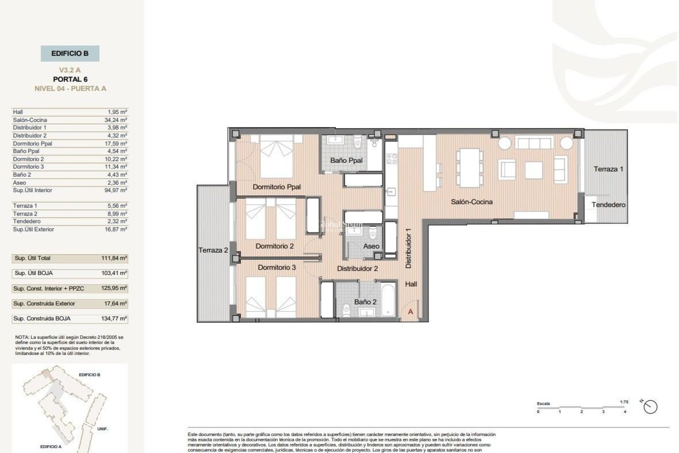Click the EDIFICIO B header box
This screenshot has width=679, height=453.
click(x=70, y=53)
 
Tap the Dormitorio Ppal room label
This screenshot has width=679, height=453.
click(x=277, y=187)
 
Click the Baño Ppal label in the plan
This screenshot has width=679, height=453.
click(x=346, y=160)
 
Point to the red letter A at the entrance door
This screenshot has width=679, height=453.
click(x=411, y=312)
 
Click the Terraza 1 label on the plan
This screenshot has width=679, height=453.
click(x=608, y=169)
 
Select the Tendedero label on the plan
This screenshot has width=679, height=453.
click(x=608, y=205)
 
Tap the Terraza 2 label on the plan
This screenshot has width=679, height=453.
click(x=213, y=250)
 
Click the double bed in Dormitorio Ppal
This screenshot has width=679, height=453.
click(x=277, y=156)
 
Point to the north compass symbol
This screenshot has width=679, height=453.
click(x=650, y=407)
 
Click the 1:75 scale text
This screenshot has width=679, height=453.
click(x=624, y=402)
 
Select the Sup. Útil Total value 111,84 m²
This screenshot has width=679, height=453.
click(x=114, y=258)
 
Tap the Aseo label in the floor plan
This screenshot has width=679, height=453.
click(x=371, y=246)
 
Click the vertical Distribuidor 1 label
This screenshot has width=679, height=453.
click(x=408, y=248)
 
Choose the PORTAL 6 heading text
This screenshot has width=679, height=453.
click(x=70, y=79)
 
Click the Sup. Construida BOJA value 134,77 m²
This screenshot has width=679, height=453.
click(x=114, y=319)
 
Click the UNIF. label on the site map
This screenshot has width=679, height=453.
click(x=102, y=429)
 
